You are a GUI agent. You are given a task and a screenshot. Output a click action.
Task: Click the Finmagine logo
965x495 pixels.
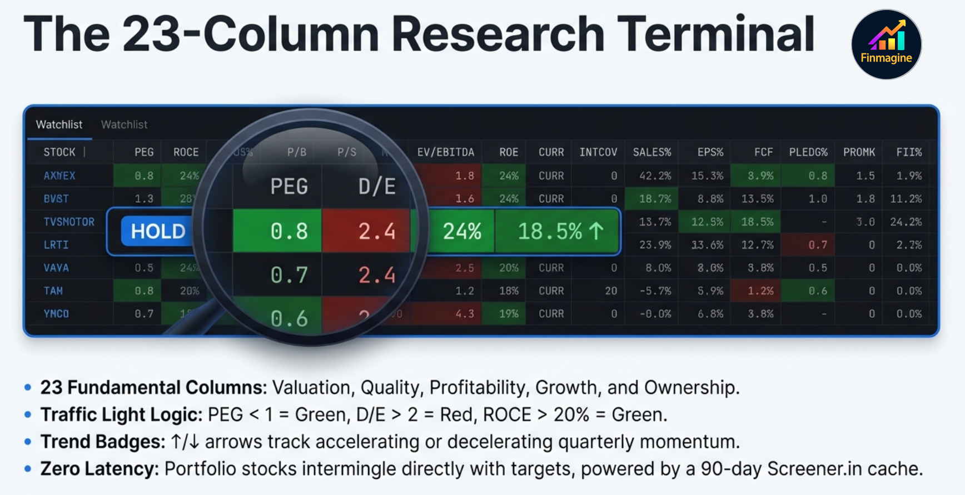pyautogui.click(x=886, y=44)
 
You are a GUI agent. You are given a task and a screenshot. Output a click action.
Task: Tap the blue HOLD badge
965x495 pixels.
pyautogui.click(x=158, y=231)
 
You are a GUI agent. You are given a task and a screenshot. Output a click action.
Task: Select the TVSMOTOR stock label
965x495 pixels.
pyautogui.click(x=69, y=222)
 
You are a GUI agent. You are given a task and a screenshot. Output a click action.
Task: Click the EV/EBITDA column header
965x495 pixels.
pyautogui.click(x=446, y=152)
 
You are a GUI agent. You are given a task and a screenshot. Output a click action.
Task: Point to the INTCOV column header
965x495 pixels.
pyautogui.click(x=598, y=152)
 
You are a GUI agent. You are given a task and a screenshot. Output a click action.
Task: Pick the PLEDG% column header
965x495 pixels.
pyautogui.click(x=808, y=152)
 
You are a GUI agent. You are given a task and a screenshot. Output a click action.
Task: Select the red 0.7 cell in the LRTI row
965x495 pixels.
pyautogui.click(x=818, y=245)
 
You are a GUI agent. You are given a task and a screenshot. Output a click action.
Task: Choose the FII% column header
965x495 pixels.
pyautogui.click(x=909, y=152)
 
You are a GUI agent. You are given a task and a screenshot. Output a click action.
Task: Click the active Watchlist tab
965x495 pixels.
pyautogui.click(x=59, y=125)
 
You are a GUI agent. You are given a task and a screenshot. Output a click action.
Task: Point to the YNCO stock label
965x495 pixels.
pyautogui.click(x=56, y=314)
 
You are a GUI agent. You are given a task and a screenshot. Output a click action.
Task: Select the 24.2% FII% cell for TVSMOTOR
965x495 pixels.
pyautogui.click(x=906, y=222)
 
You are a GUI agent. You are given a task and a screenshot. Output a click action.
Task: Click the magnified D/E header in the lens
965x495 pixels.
pyautogui.click(x=377, y=187)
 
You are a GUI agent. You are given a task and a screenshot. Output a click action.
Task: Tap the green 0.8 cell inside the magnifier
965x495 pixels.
pyautogui.click(x=289, y=231)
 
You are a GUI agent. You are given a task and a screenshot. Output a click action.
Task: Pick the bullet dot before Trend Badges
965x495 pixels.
pyautogui.click(x=28, y=442)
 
